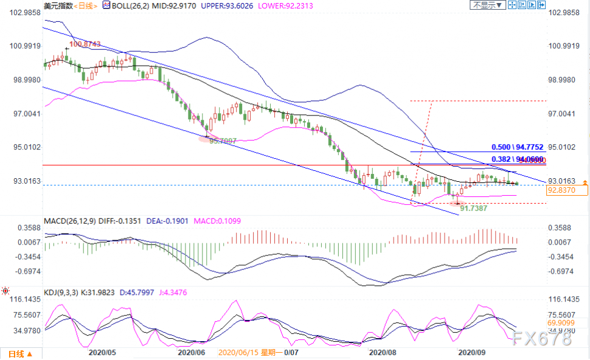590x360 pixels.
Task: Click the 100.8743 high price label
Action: click(85, 44)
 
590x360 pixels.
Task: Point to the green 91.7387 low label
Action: click(473, 208)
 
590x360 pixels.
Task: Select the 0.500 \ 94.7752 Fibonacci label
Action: click(518, 147)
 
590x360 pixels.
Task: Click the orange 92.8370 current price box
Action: click(567, 190)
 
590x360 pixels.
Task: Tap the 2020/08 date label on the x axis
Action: click(383, 352)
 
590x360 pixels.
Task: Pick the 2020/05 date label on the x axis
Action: click(102, 352)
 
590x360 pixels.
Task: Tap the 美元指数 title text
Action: click(58, 5)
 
